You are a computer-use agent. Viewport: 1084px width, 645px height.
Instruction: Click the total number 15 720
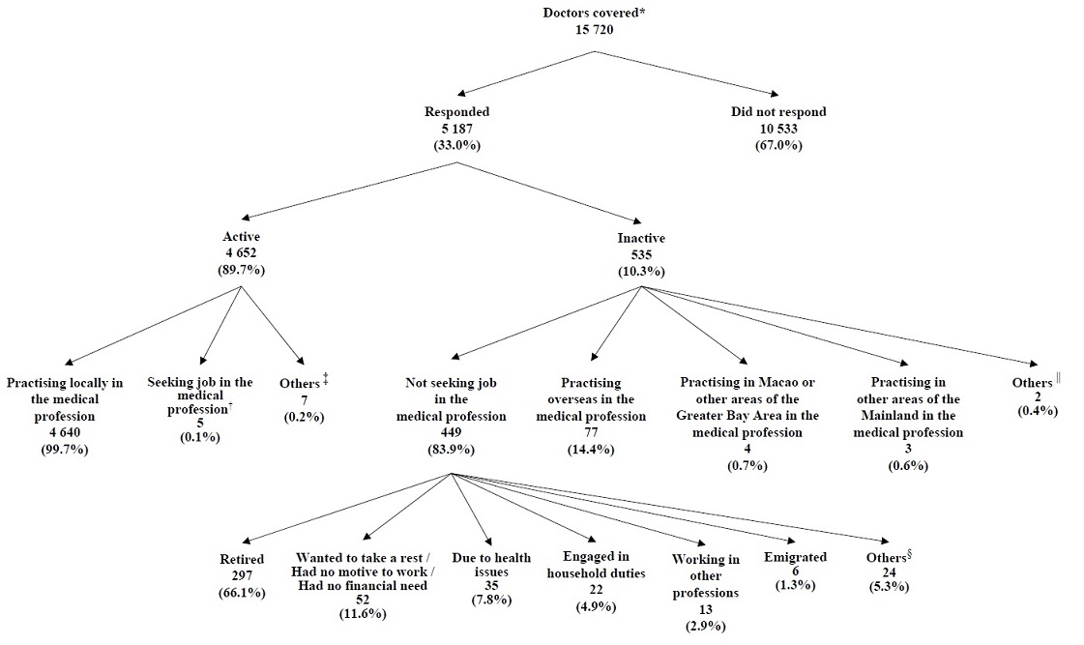pyautogui.click(x=594, y=30)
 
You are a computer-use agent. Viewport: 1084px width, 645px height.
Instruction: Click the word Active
pyautogui.click(x=241, y=236)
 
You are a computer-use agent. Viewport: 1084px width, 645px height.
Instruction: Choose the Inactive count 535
pyautogui.click(x=640, y=254)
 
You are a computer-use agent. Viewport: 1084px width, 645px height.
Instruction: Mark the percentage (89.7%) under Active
pyautogui.click(x=241, y=269)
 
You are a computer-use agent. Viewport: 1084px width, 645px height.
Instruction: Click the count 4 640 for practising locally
pyautogui.click(x=65, y=432)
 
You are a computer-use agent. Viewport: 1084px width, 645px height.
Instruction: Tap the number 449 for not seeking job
pyautogui.click(x=451, y=433)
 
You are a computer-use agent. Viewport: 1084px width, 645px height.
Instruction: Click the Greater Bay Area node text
pyautogui.click(x=747, y=407)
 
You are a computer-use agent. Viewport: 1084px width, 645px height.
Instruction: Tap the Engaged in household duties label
pyautogui.click(x=597, y=564)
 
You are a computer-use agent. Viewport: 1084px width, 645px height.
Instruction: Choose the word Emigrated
pyautogui.click(x=795, y=557)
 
